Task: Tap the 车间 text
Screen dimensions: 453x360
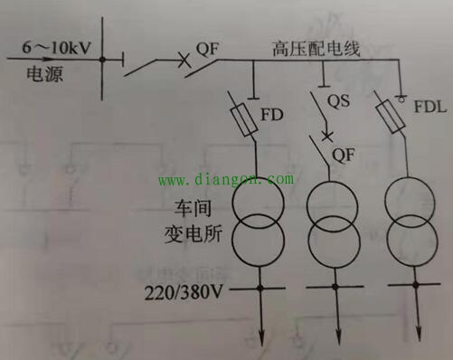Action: (175, 209)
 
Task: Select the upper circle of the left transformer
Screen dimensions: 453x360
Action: (259, 206)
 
